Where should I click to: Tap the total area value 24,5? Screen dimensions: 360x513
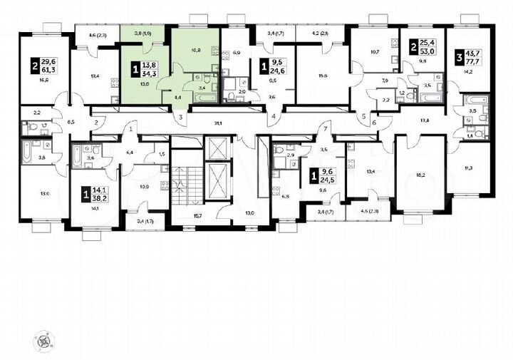pos(329,180)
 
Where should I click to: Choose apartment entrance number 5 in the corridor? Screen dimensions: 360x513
pos(363,116)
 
